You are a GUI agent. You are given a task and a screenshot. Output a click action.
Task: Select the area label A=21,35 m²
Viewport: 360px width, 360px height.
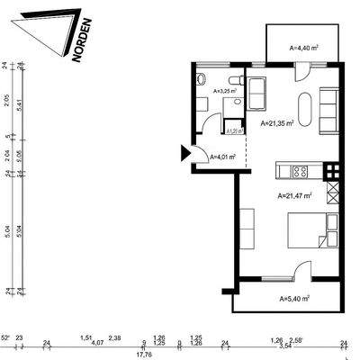pos(278,124)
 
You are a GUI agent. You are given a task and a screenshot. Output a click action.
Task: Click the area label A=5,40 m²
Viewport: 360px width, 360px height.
pos(293,298)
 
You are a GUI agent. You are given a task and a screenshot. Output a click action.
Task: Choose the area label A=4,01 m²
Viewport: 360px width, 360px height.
pos(222,157)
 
